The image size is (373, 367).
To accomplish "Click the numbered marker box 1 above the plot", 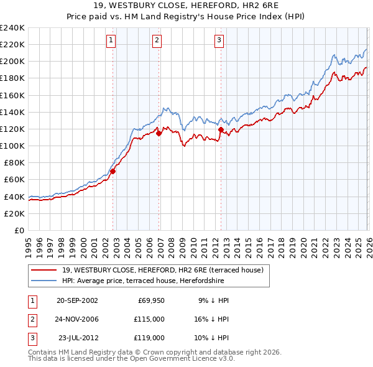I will [111, 41].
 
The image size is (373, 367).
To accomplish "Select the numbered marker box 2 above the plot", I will [157, 41].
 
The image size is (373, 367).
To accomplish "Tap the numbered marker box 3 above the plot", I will [219, 41].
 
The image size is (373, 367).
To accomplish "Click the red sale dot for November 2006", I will [159, 132].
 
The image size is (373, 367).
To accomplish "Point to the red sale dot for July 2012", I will [221, 129].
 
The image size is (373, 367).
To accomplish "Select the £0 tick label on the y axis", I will [19, 230].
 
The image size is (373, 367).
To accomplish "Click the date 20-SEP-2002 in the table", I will [77, 300].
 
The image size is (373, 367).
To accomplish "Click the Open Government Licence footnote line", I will [131, 359].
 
